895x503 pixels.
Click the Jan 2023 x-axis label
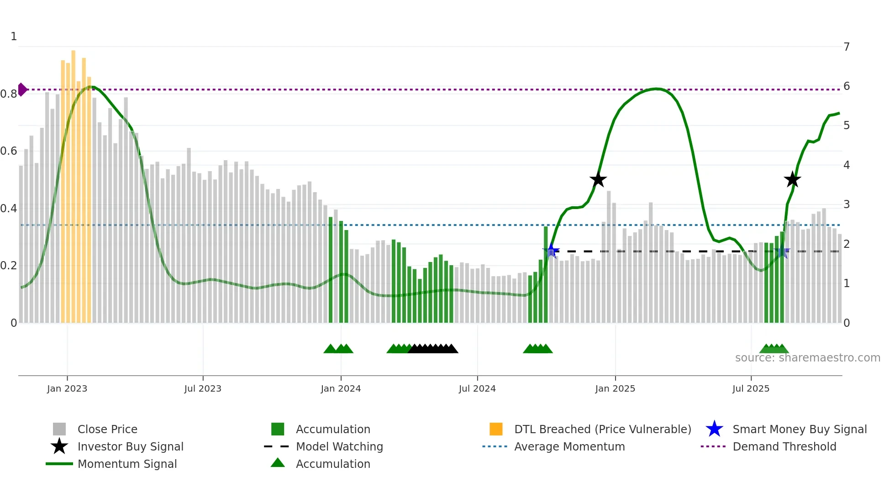67,388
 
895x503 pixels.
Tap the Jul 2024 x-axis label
477,388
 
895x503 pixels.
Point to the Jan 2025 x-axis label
615,388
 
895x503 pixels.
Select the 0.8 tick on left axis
9,94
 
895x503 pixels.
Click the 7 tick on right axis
847,47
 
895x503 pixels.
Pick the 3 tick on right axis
847,204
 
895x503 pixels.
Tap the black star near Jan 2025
598,180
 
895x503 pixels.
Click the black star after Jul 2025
792,179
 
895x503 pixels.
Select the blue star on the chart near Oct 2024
551,251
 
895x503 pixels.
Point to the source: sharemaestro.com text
807,358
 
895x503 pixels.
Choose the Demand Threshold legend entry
784,446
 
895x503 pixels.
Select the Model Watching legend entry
339,446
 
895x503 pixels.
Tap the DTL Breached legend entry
602,429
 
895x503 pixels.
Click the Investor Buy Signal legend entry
130,446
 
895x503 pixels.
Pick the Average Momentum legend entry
569,446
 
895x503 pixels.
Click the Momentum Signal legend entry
127,464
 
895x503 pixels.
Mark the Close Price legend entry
107,429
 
